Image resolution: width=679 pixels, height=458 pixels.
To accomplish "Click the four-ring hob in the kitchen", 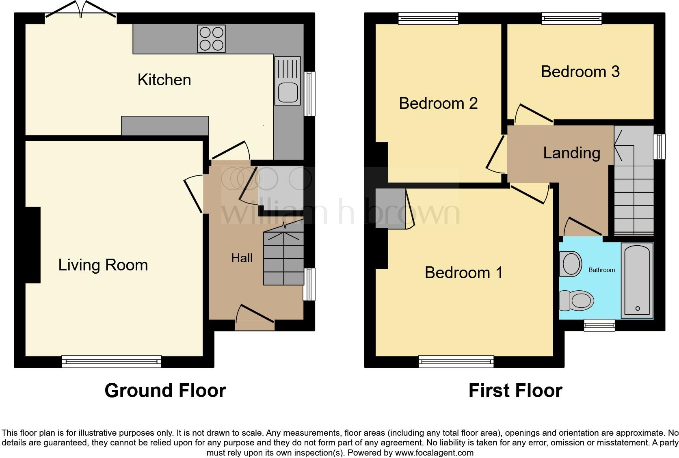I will click(x=211, y=39).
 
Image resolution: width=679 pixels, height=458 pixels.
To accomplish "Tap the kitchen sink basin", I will click(x=288, y=93).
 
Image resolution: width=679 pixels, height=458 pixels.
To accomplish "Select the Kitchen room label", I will click(x=164, y=80).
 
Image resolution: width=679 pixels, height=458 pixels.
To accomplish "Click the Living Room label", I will click(x=103, y=265).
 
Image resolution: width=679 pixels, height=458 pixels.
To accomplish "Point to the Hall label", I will click(x=242, y=258).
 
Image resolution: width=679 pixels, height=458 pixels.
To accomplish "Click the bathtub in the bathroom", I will click(x=638, y=280).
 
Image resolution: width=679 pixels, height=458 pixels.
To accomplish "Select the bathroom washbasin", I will click(x=571, y=264).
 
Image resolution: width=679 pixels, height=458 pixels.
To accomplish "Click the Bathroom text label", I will click(x=601, y=270).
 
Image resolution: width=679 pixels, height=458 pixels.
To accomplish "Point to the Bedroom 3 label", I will click(x=580, y=71).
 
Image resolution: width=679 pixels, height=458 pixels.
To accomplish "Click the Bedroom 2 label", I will click(x=438, y=103).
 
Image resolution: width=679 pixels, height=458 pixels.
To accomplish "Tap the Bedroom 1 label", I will click(x=463, y=272).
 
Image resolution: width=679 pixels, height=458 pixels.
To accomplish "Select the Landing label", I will click(x=571, y=153).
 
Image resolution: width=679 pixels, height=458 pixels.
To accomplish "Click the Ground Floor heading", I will click(x=165, y=391).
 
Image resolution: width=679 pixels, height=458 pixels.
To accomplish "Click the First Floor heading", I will click(x=515, y=391).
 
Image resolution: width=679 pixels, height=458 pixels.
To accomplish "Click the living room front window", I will click(x=111, y=361).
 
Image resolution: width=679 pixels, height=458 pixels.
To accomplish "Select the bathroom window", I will click(x=599, y=325).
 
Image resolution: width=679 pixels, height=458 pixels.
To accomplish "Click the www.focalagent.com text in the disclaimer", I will click(x=434, y=452).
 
